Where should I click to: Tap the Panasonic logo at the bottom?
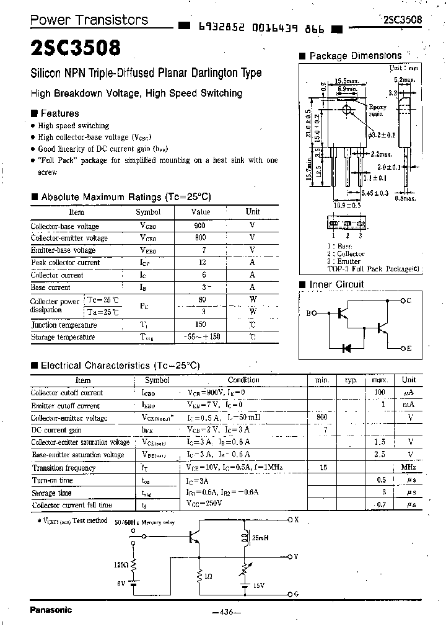51,610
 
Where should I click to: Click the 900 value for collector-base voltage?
199,226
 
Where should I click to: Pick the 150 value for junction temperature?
199,325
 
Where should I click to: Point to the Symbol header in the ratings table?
147,212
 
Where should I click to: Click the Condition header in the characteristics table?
243,380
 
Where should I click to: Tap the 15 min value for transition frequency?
323,468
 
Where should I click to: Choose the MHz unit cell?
408,468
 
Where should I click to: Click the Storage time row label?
51,493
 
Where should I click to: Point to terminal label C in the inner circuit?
409,300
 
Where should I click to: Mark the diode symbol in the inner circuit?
348,348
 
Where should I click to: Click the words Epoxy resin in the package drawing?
377,111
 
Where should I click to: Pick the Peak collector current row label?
65,263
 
